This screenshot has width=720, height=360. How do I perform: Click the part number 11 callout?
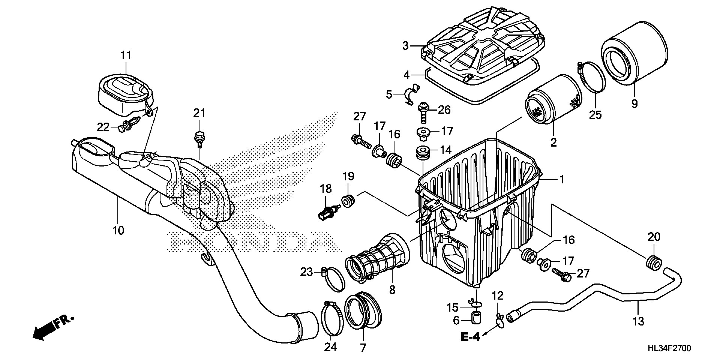pos(126,55)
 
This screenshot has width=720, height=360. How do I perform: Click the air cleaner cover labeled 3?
pos(484,47)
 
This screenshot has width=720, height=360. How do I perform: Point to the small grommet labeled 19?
pos(348,201)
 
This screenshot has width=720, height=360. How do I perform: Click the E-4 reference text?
pos(470,337)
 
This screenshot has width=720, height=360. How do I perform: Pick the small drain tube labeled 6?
pos(476,318)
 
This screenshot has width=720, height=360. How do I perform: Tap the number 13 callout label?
pos(638,321)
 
